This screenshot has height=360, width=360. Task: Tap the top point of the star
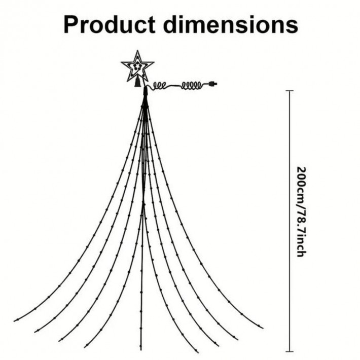(x=138, y=51)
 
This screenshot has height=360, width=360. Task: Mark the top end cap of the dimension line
(x=290, y=91)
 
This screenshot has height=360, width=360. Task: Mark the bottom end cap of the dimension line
(x=290, y=350)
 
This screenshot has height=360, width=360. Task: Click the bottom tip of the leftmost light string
(x=15, y=320)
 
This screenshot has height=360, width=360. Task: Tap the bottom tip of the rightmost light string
(x=263, y=327)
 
